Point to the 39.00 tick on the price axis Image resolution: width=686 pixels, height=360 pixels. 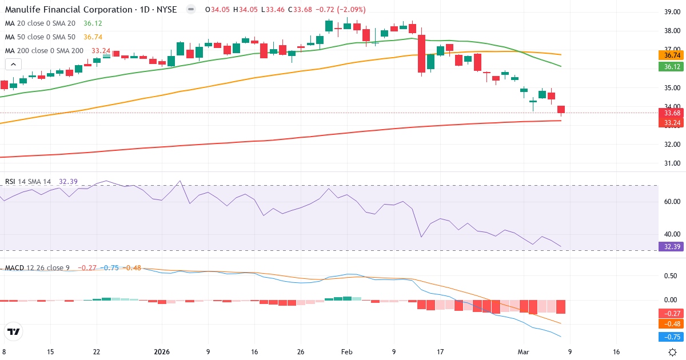pos(671,12)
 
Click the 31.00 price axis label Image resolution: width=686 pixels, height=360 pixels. pos(671,163)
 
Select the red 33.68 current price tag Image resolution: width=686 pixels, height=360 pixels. pos(672,113)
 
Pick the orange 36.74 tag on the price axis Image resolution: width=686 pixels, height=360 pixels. pos(672,55)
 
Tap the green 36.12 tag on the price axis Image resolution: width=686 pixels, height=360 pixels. pos(672,67)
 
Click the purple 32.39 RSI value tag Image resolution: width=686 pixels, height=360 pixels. pos(672,247)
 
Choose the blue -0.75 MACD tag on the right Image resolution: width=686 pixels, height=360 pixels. pos(672,337)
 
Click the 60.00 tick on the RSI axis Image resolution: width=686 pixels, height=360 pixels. pos(671,202)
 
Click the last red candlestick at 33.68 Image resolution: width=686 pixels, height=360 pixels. pos(561,110)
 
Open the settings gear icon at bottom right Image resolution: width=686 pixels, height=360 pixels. pos(673,352)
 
